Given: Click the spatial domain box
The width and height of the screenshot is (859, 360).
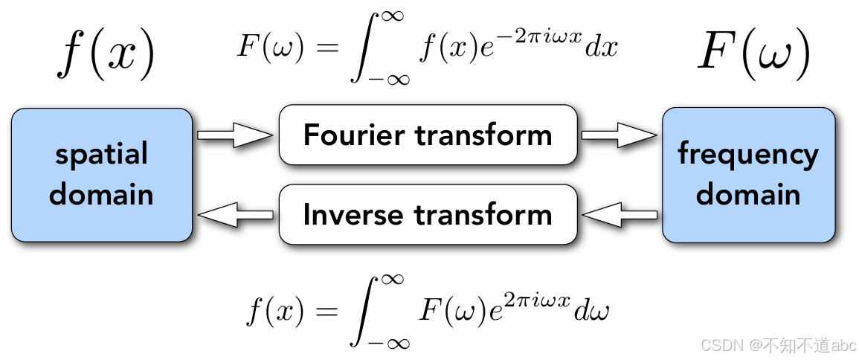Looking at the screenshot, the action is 101,174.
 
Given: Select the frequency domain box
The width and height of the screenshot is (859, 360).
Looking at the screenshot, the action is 747,174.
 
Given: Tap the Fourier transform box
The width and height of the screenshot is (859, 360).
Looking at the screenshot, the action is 428,135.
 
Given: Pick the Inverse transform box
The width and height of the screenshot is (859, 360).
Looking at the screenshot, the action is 428,214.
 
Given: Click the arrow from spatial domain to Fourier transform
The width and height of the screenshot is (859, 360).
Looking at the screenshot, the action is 234,135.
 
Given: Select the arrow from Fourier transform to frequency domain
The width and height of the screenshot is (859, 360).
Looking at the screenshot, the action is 620,135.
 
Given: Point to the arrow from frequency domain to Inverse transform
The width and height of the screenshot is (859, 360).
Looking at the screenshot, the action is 620,215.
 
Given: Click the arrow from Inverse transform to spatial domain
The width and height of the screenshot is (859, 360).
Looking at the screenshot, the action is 234,215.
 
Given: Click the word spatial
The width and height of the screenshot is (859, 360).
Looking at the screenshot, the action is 102,155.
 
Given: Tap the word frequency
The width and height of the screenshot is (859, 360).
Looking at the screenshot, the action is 747,155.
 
